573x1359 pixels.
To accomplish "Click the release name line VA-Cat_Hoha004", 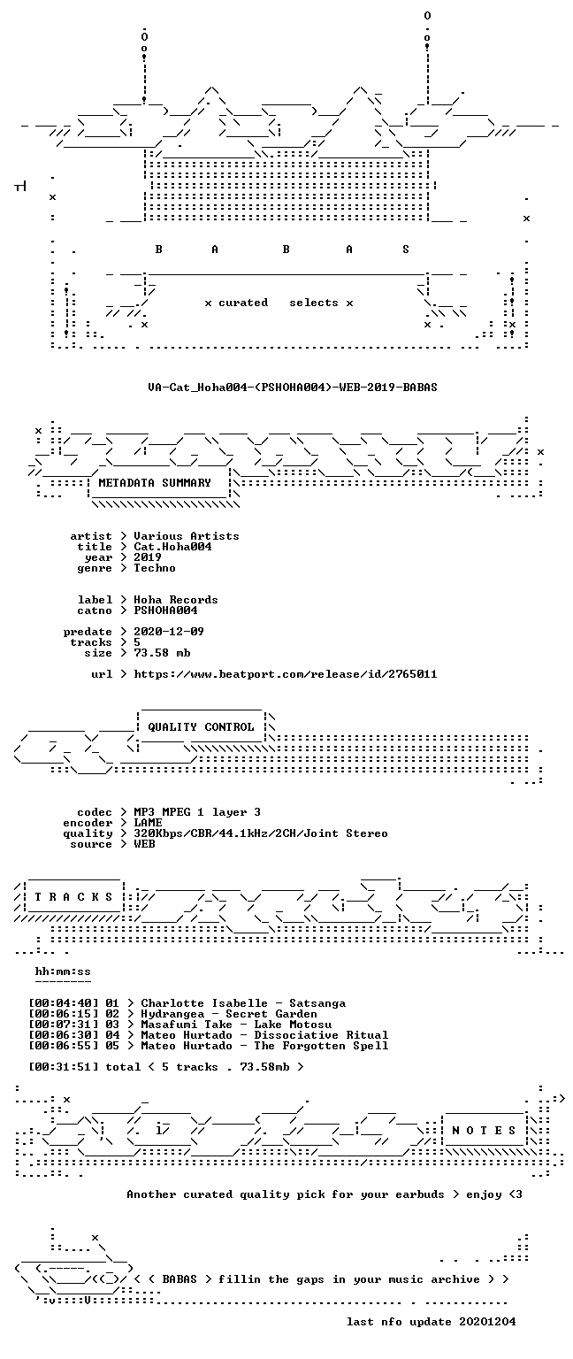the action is click(293, 387).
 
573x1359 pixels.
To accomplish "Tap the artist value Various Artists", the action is click(187, 535).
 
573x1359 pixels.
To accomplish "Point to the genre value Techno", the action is click(155, 568).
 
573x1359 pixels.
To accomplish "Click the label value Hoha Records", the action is click(176, 599).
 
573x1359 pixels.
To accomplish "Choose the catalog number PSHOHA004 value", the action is click(165, 610).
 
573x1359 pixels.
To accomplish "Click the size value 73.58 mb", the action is click(162, 653).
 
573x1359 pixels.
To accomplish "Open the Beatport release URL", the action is click(285, 674).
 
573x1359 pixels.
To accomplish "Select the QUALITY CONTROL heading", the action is click(201, 726).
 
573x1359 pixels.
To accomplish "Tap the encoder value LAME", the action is click(148, 823).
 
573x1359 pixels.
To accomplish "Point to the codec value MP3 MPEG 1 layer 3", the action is click(197, 811).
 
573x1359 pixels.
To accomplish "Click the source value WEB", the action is click(144, 844).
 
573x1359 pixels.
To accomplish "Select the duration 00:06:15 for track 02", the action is click(63, 1014).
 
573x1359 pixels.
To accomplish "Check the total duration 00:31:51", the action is click(63, 1066).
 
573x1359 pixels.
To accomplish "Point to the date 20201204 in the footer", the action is click(487, 1321).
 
